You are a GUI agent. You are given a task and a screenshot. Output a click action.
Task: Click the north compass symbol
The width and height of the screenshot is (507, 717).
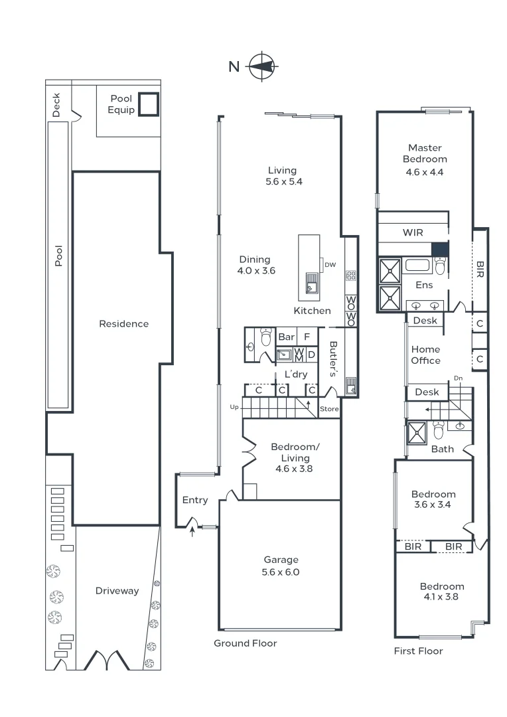(x=262, y=66)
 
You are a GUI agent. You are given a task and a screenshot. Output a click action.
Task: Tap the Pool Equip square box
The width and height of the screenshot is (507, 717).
(x=149, y=104)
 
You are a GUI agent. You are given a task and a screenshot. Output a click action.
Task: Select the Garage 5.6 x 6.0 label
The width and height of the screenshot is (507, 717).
(x=281, y=566)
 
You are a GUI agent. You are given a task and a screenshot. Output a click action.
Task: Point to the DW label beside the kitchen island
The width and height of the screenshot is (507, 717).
(x=330, y=265)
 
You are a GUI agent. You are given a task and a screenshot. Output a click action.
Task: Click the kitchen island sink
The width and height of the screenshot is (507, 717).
(x=311, y=283)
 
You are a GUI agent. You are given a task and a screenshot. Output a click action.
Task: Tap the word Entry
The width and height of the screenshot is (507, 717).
(x=195, y=500)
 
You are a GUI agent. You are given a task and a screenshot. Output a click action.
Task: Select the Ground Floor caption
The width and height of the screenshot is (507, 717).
(x=245, y=643)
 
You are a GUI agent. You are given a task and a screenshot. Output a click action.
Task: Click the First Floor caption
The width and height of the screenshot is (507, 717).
(x=418, y=651)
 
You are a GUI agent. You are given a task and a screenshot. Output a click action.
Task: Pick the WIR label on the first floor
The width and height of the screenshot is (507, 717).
(x=413, y=232)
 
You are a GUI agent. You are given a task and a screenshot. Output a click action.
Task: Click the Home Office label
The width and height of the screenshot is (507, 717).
(x=425, y=355)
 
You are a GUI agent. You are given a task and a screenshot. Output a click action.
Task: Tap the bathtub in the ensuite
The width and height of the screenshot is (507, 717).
(x=417, y=267)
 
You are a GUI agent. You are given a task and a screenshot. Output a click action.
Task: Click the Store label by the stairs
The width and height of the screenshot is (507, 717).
(x=329, y=409)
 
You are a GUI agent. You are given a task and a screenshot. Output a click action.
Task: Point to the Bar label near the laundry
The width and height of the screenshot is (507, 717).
(x=286, y=337)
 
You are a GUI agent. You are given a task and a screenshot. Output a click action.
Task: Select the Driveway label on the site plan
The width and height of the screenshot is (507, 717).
(x=117, y=590)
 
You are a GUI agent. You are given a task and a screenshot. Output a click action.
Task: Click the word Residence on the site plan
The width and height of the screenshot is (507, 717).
(x=123, y=324)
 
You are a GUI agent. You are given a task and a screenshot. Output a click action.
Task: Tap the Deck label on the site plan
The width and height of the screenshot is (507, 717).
(x=56, y=105)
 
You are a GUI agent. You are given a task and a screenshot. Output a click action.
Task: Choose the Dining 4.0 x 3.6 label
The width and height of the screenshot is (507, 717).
(x=255, y=265)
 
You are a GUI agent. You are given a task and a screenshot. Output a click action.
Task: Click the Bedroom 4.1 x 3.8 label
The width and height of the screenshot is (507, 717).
(x=441, y=591)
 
